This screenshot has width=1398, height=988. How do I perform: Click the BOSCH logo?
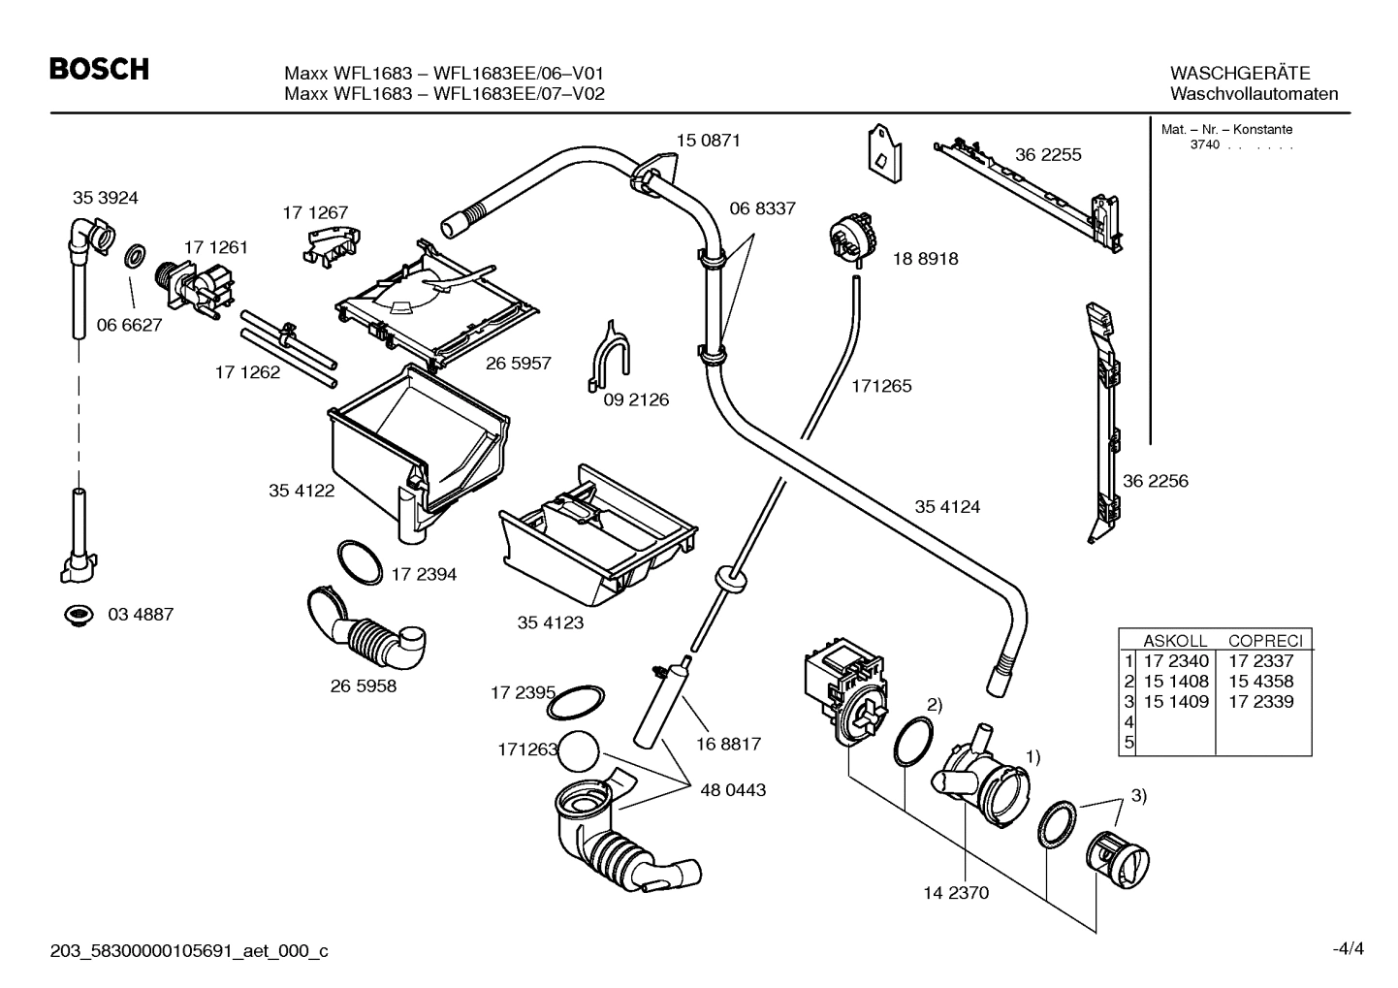click(99, 69)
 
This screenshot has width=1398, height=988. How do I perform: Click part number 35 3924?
click(105, 198)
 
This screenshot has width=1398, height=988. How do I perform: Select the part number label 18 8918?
click(924, 259)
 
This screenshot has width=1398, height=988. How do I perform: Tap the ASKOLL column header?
click(1175, 641)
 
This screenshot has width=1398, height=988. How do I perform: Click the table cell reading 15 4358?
click(1260, 682)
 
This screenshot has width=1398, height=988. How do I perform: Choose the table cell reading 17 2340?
click(1176, 661)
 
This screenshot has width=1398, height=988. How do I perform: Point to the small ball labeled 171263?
click(581, 750)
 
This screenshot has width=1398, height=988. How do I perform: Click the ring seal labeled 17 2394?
click(359, 562)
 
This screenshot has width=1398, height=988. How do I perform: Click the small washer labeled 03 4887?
click(77, 615)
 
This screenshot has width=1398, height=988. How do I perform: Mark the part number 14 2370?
click(955, 893)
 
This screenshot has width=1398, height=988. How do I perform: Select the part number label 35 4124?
click(946, 507)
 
